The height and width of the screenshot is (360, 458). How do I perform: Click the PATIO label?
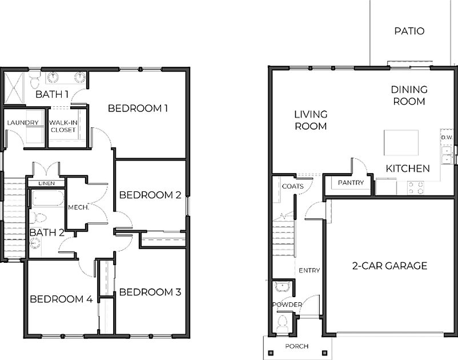[x=409, y=31]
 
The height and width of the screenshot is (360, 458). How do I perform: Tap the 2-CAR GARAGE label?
[x=389, y=266]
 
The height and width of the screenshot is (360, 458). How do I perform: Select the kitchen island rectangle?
[x=401, y=142]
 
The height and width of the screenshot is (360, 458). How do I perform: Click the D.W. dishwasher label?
[x=446, y=138]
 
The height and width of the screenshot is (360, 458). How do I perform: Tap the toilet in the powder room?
[x=282, y=325]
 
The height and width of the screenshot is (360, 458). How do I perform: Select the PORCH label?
[x=296, y=346]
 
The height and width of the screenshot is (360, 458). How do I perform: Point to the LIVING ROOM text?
[x=311, y=120]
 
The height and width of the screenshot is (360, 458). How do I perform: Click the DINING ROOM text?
[x=409, y=95]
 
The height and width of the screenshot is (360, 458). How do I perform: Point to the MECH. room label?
[x=78, y=207]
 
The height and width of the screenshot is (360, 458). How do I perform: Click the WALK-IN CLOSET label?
[x=62, y=126]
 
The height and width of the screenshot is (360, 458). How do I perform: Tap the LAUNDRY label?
[x=23, y=123]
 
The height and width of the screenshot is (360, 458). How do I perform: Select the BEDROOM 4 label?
[x=61, y=299]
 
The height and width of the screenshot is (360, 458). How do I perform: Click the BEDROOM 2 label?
[x=150, y=195]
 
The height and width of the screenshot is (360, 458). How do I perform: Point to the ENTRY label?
[x=309, y=270]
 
